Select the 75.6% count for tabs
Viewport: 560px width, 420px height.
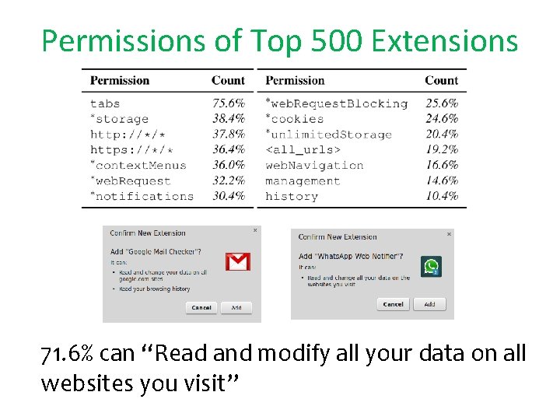pos(228,103)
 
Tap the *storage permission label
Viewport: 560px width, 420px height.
pos(119,119)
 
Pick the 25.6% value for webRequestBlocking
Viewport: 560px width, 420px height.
pos(441,103)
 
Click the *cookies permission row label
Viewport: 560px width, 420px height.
pos(294,119)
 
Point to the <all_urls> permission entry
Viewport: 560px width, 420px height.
pos(303,149)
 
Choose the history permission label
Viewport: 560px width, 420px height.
pos(291,196)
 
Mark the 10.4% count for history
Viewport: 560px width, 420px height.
pos(441,196)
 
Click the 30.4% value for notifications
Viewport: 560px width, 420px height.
pos(228,196)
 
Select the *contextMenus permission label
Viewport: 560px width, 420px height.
pos(138,165)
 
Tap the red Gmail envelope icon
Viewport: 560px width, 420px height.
pos(237,261)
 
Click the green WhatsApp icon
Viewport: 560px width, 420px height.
pos(431,267)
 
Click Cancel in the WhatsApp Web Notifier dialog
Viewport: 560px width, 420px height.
pos(394,304)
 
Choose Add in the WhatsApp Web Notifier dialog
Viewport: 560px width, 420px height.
pos(429,304)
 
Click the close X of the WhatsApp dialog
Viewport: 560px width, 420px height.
pos(449,233)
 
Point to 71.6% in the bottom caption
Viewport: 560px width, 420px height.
pos(68,355)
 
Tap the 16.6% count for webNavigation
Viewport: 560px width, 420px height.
pos(441,165)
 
